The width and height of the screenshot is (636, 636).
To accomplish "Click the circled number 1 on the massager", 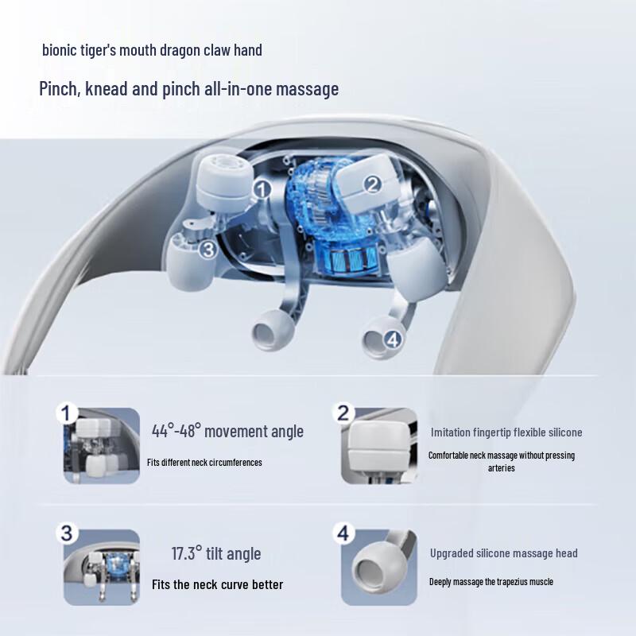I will coord(263,189).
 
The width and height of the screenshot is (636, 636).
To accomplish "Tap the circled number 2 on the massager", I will coord(372,184).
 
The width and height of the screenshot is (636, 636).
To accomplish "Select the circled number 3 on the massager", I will coord(208,250).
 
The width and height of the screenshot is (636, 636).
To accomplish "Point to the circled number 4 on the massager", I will coord(392,339).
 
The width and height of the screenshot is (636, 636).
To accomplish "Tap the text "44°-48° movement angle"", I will coord(227,432).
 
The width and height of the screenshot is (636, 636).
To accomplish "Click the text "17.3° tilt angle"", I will coord(216,553).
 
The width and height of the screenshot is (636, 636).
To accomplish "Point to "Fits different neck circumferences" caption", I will coord(204,462).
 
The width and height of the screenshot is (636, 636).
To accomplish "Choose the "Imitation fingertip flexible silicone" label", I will coord(506,432).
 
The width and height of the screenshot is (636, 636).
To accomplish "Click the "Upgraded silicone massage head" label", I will coord(503,553).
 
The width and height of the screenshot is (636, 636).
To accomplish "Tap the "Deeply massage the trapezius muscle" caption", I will coord(491,582).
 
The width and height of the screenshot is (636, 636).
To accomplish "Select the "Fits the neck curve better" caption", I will coord(217,584).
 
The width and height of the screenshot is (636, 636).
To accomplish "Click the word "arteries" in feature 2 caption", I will coord(501,468).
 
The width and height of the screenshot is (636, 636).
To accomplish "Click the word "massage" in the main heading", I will coord(308,88).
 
